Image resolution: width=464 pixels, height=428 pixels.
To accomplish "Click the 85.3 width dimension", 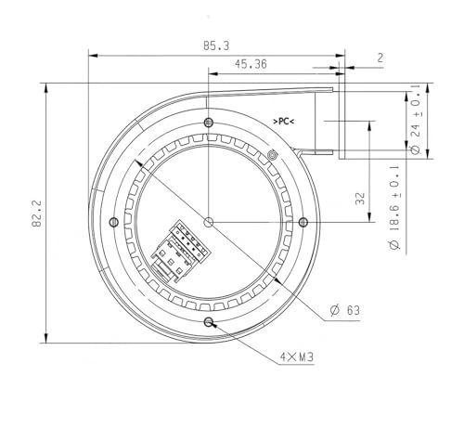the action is pos(216,45).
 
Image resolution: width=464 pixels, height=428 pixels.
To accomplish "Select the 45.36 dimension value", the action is pos(251,64).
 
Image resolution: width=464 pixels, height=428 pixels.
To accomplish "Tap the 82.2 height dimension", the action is pos(37,214).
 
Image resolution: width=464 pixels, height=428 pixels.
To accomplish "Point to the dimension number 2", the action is pos(380,58).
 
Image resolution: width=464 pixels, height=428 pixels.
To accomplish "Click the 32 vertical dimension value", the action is pos(360,199).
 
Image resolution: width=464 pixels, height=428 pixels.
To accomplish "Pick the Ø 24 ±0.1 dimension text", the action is pos(417,120).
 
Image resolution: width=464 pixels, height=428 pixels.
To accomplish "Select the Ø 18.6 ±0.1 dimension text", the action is pos(394,207).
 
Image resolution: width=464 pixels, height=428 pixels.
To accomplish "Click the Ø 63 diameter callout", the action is pos(344,310).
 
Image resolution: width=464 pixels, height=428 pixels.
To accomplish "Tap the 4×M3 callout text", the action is pos(297,357).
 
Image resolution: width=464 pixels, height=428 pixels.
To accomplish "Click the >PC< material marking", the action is pos(283,122).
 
